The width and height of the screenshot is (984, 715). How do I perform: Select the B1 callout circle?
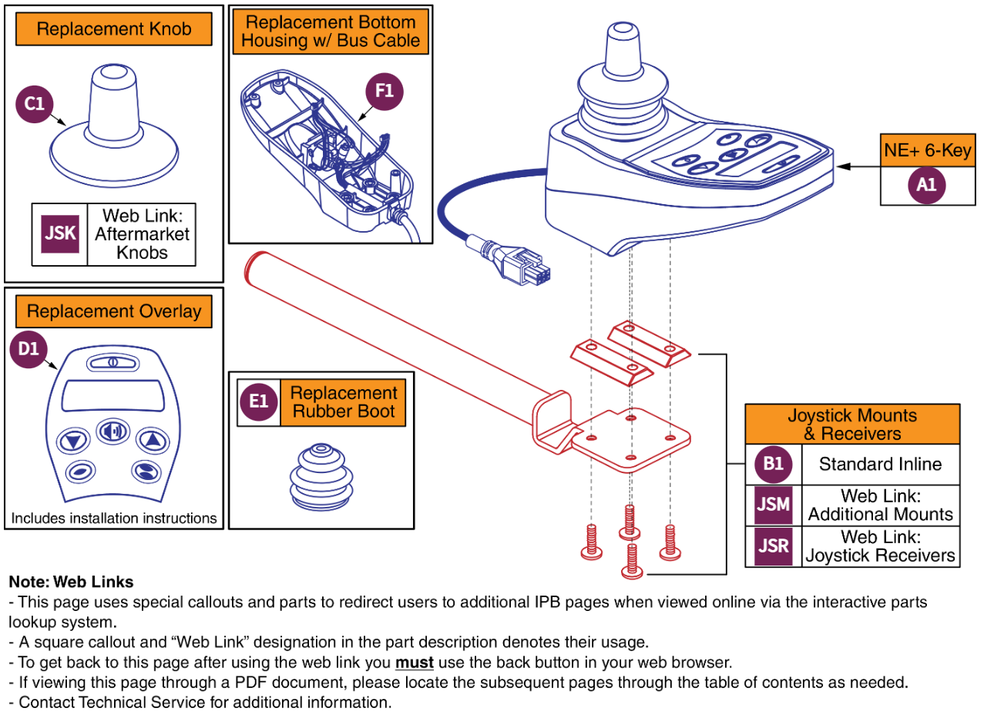pyautogui.click(x=773, y=465)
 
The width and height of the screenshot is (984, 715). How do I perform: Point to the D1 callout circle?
pyautogui.click(x=29, y=349)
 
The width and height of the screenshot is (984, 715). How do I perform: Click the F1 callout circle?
pyautogui.click(x=384, y=92)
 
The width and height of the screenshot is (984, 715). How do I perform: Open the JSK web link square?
pyautogui.click(x=59, y=233)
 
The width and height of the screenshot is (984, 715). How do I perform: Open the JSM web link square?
pyautogui.click(x=773, y=505)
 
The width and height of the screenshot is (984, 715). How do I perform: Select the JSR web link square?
pyautogui.click(x=773, y=546)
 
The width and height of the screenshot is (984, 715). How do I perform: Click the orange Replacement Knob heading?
pyautogui.click(x=113, y=30)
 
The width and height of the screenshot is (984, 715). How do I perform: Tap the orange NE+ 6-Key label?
pyautogui.click(x=927, y=151)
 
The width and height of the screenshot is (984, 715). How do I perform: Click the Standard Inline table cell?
pyautogui.click(x=880, y=465)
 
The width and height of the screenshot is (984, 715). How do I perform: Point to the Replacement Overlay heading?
pyautogui.click(x=113, y=311)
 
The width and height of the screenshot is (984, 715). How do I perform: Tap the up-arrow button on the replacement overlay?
pyautogui.click(x=152, y=441)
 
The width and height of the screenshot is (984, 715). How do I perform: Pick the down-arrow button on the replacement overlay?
pyautogui.click(x=74, y=441)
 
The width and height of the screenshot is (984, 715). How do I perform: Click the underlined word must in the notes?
pyautogui.click(x=415, y=662)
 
